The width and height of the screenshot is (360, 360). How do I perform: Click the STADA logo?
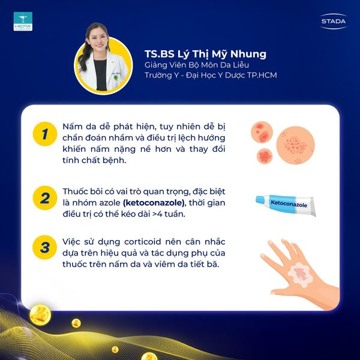334,22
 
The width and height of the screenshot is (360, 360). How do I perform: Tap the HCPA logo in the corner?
23,22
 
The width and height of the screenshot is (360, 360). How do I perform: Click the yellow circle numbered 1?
45,134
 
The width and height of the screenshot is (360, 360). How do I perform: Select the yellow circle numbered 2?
45,198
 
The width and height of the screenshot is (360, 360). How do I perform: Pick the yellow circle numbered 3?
45,247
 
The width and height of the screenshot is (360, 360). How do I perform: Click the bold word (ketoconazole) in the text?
154,203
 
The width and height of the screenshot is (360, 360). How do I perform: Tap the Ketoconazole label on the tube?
289,204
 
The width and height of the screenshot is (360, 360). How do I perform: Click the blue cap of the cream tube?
260,200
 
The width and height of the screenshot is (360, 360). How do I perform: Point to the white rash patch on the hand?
301,275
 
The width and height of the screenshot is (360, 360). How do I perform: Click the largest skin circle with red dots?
295,145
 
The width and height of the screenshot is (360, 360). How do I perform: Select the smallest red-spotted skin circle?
265,156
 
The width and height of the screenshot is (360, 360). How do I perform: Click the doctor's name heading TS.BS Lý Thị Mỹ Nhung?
205,54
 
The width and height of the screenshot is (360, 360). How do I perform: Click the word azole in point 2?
110,203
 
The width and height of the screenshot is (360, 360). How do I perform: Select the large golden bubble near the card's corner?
40,315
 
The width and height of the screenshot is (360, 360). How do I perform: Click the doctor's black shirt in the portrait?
101,74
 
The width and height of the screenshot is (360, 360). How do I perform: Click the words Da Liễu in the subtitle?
235,65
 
